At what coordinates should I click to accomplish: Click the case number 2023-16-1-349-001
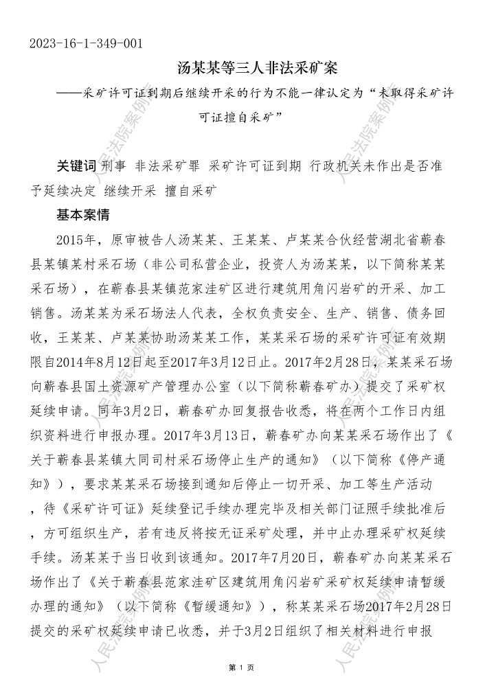point(87,44)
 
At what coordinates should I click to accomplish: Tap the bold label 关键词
point(76,167)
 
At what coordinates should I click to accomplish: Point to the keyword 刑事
point(113,167)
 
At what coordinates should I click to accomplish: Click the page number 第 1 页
point(242,667)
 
